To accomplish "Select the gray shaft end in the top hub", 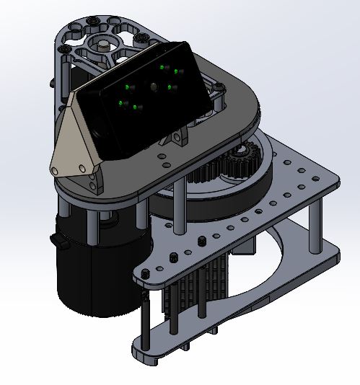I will click(x=106, y=45).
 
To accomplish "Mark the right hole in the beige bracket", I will click(x=85, y=167).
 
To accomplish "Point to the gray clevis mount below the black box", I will click(x=180, y=137).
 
